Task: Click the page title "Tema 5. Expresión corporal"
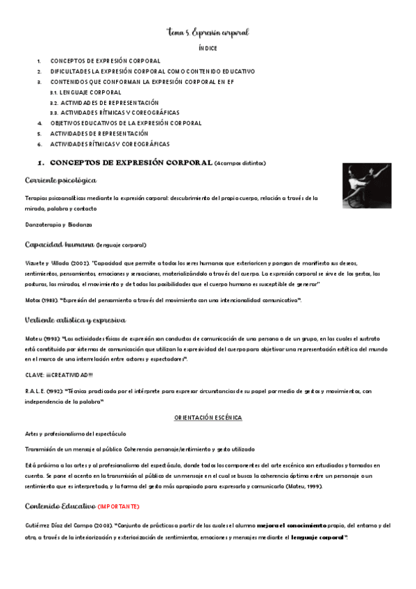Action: [208, 33]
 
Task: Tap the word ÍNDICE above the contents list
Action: [208, 49]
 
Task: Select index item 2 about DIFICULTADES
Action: [152, 72]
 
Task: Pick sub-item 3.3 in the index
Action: [115, 113]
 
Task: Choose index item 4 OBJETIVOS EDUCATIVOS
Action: [126, 123]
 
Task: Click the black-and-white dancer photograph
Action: [366, 185]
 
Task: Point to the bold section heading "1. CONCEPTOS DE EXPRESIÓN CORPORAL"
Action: [131, 163]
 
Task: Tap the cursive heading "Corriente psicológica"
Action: [60, 181]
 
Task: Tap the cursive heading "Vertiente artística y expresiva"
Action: [75, 320]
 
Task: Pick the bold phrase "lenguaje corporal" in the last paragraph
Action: [317, 537]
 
